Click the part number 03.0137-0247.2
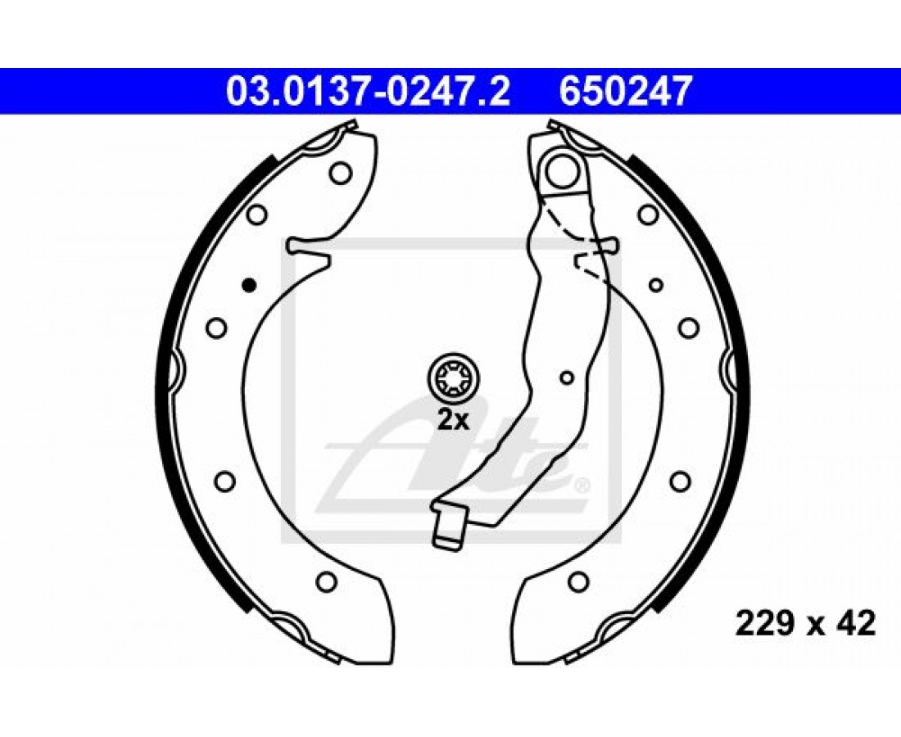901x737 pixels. point(368,92)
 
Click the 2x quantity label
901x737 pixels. point(454,421)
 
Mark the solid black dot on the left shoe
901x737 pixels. point(249,284)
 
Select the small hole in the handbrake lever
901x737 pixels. point(567,378)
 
